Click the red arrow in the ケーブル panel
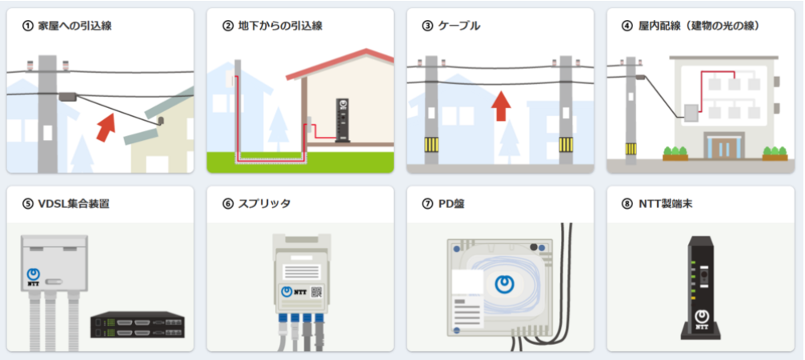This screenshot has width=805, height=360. tap(500, 105)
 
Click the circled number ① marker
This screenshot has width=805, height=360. tap(28, 26)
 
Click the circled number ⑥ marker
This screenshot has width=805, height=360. tap(228, 204)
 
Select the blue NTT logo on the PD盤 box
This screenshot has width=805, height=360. tap(504, 283)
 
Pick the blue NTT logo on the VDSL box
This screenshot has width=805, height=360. tap(34, 273)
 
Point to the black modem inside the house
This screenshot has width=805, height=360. tap(343, 120)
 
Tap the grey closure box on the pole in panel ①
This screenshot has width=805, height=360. tap(67, 96)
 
